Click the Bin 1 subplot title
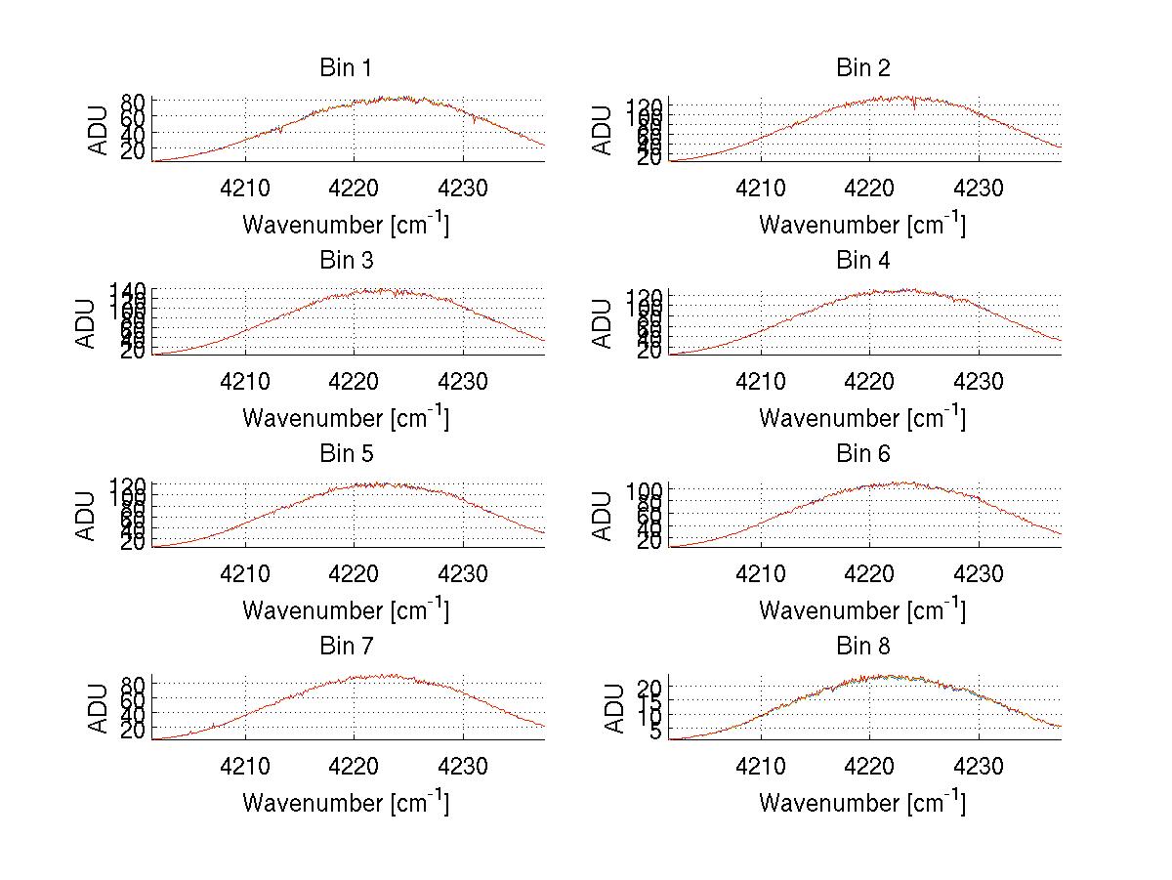click(346, 68)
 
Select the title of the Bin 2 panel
click(862, 68)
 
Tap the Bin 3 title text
click(346, 261)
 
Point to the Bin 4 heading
click(862, 261)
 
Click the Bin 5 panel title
click(346, 454)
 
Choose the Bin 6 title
click(862, 454)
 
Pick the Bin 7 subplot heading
click(346, 647)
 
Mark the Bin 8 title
click(862, 647)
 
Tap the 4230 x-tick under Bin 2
click(979, 189)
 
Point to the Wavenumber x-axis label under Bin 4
click(862, 417)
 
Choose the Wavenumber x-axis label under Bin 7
click(346, 803)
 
